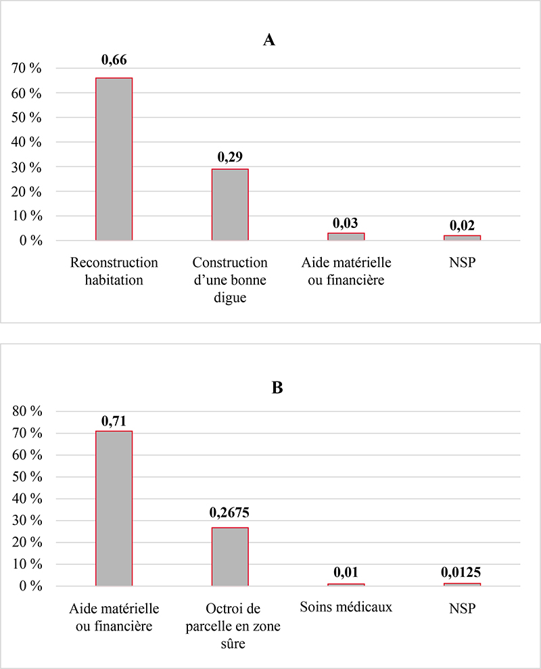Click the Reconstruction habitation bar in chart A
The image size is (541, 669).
click(114, 159)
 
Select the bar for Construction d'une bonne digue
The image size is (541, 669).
click(230, 205)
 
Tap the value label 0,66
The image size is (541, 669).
click(114, 60)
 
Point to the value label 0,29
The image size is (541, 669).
click(230, 157)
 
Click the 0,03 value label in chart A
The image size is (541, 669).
click(346, 223)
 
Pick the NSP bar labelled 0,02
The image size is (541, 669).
click(462, 237)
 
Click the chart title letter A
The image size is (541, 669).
click(269, 40)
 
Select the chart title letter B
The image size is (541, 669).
click(277, 388)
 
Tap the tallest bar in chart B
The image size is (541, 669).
click(114, 509)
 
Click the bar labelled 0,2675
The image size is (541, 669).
click(230, 557)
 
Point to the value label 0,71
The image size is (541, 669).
click(114, 421)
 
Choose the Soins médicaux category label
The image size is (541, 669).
click(346, 607)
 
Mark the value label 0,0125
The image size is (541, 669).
click(461, 572)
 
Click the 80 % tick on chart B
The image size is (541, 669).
click(27, 411)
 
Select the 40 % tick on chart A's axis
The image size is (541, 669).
click(26, 142)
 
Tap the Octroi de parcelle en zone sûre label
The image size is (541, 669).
click(233, 626)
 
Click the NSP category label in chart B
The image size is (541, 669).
click(462, 608)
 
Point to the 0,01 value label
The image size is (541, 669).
click(346, 572)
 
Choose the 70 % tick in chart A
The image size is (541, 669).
click(26, 68)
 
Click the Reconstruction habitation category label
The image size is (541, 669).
click(114, 271)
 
